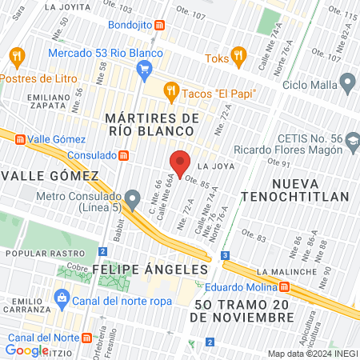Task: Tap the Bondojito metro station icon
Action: point(160,25)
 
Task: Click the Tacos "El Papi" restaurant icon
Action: point(170,93)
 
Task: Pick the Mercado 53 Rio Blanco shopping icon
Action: point(144,70)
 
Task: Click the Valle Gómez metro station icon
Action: point(18,138)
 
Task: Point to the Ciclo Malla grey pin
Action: point(346,81)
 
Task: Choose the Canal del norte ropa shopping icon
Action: point(61,300)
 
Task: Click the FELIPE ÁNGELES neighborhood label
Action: point(134,268)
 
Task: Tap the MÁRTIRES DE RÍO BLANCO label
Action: point(152,126)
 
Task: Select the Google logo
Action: point(26,350)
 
